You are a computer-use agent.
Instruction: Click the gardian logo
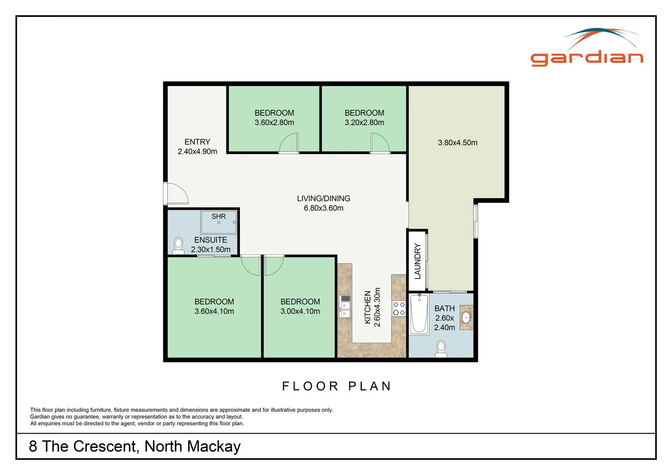[x=587, y=48]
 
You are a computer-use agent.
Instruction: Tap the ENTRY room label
[x=197, y=142]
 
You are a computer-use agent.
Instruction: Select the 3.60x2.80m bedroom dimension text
[x=274, y=123]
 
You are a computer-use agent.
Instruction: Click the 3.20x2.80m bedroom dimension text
[x=364, y=123]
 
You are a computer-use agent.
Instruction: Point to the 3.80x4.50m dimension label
[x=457, y=142]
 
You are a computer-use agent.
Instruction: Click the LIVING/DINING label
[x=323, y=198]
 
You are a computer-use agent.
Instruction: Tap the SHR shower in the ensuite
[x=219, y=222]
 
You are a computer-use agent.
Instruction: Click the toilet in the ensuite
[x=178, y=246]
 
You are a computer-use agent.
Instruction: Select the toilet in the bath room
[x=441, y=349]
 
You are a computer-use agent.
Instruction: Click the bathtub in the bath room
[x=419, y=314]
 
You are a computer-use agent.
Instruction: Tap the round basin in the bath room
[x=466, y=318]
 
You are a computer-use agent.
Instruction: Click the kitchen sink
[x=345, y=307]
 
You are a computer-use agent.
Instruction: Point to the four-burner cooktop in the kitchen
[x=399, y=308]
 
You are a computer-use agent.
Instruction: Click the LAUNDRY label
[x=418, y=261]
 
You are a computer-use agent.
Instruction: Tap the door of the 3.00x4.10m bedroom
[x=273, y=265]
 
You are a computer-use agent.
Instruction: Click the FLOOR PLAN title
[x=336, y=386]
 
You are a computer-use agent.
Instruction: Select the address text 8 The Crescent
[x=134, y=446]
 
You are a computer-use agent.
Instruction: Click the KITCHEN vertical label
[x=367, y=307]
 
